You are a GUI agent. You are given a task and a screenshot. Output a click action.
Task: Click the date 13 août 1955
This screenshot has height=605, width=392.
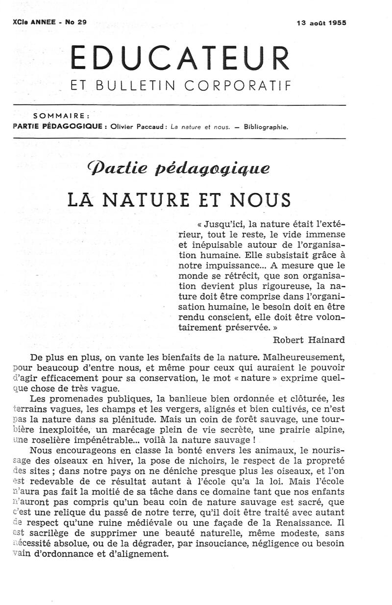(321, 23)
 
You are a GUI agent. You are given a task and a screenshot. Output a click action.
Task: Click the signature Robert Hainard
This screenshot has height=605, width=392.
(309, 339)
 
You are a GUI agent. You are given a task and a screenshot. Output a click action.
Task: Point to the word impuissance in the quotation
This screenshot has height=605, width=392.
(229, 266)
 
